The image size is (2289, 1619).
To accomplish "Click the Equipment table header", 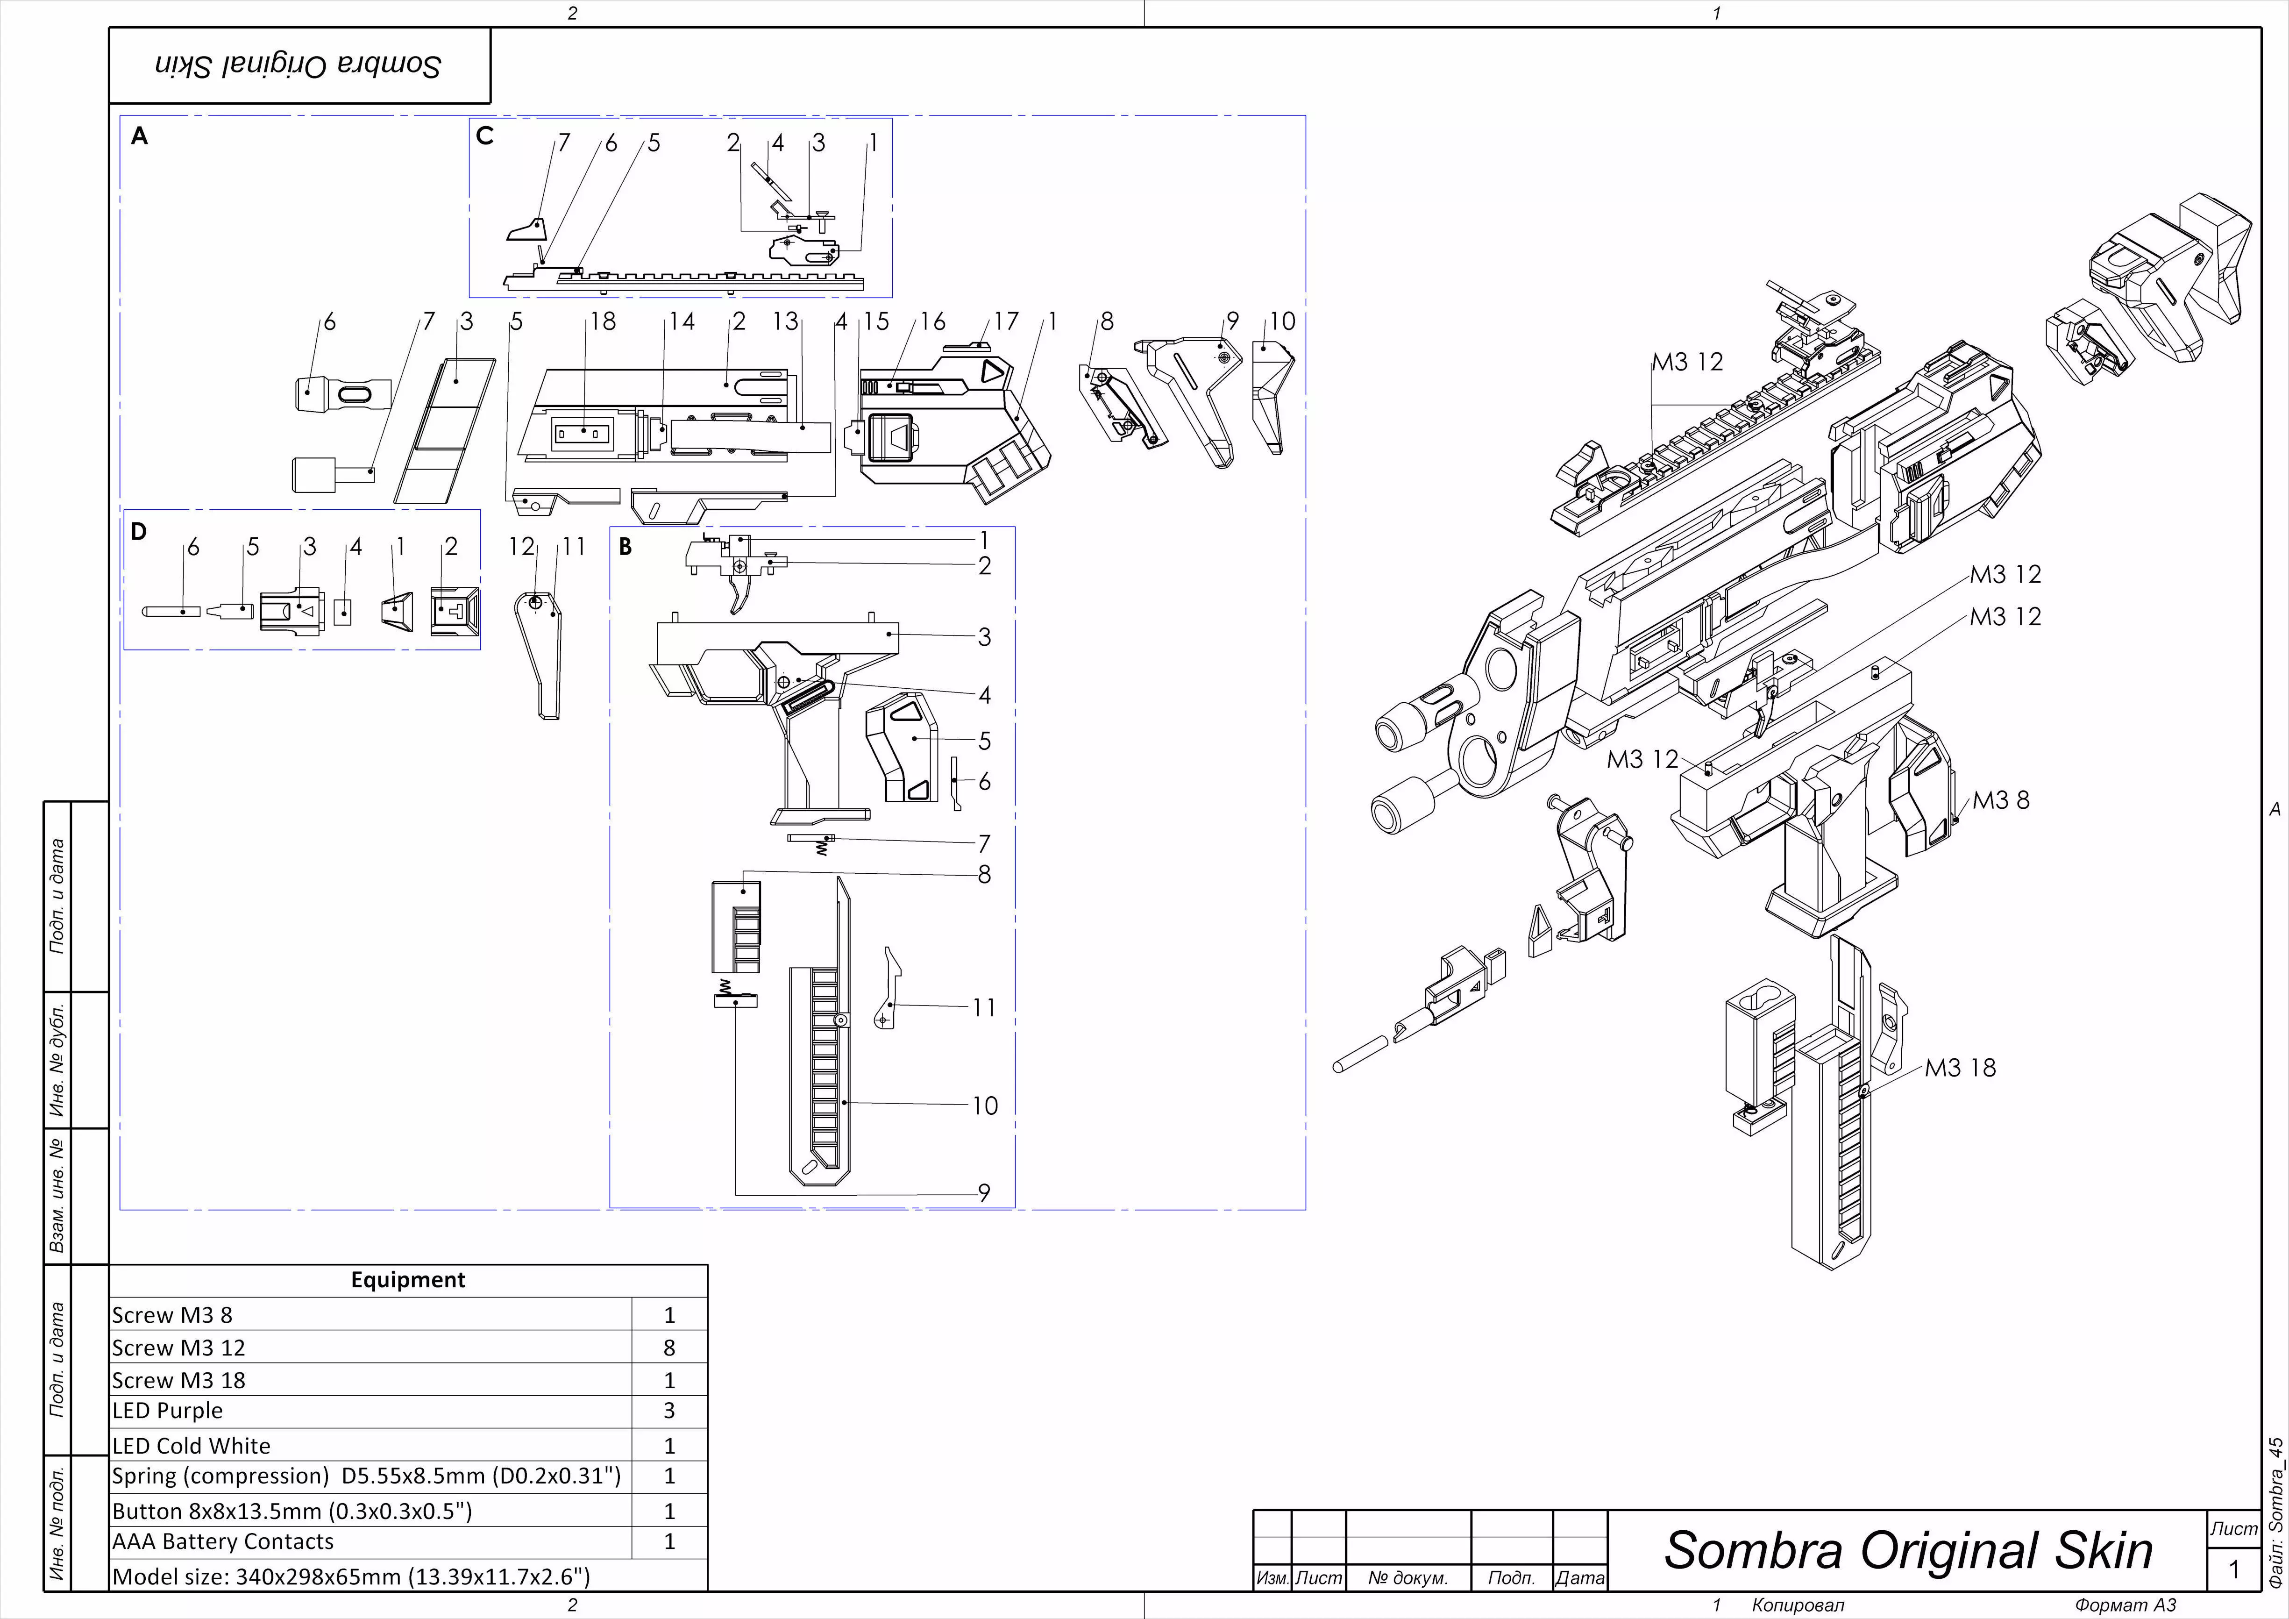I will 408,1280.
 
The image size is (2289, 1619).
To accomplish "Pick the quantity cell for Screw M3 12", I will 669,1348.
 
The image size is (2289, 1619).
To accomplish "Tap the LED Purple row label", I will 168,1411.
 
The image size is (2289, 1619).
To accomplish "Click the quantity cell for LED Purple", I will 669,1411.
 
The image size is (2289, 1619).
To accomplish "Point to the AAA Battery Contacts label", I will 222,1541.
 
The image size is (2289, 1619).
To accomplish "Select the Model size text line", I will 351,1576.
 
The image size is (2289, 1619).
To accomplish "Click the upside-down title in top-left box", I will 298,66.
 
